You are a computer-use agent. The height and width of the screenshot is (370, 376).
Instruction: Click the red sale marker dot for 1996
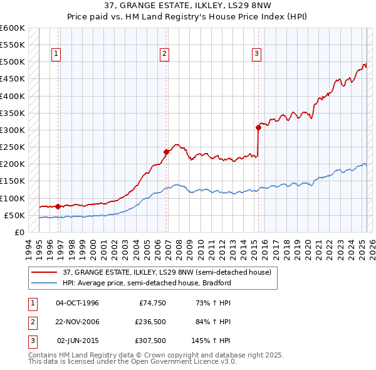coord(58,206)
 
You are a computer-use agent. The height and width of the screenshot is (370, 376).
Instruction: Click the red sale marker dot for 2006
coord(167,151)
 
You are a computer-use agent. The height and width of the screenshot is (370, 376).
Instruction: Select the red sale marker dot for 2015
coord(258,127)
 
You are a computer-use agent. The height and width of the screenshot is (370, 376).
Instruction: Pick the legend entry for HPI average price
coord(147,283)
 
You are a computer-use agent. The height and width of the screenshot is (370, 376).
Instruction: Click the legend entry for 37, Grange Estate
coord(167,272)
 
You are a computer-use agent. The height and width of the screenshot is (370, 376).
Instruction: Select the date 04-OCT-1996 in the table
coord(77,303)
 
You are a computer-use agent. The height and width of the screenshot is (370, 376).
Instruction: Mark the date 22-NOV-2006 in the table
coord(77,322)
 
